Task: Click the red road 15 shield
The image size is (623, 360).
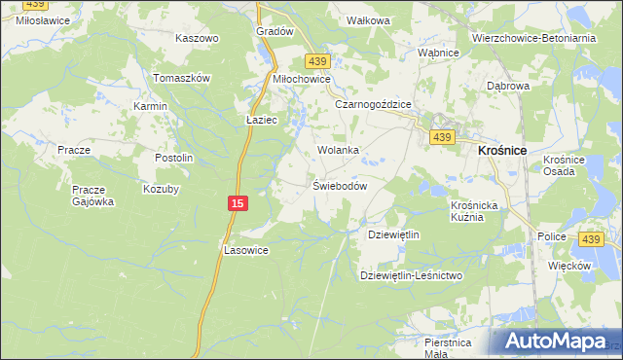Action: point(238,202)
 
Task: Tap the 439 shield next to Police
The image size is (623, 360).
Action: point(590,238)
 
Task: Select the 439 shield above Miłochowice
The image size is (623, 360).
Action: point(315,59)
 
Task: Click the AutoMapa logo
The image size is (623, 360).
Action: point(554,342)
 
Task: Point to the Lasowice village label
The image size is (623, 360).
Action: point(246,249)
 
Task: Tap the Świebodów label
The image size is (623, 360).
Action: point(339,186)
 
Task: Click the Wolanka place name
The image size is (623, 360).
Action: point(338,151)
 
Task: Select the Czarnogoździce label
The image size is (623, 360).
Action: point(374,104)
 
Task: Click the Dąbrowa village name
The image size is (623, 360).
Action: point(507,86)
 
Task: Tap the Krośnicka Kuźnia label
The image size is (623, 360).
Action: point(474,211)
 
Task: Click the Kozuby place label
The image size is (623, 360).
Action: point(162,189)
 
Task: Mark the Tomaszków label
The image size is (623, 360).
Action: point(182,78)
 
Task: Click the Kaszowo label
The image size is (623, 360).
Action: point(197,38)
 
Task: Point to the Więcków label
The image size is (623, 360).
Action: point(569,265)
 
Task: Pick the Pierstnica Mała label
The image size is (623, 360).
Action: point(448,347)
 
